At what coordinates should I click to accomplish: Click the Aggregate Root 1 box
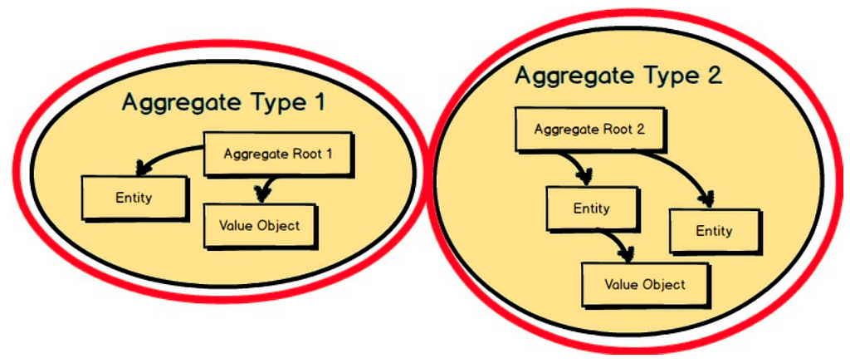coord(278,155)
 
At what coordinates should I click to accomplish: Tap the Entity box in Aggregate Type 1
coord(134,198)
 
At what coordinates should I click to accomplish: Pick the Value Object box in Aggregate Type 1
coord(259,226)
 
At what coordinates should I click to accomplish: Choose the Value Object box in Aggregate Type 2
coord(645,285)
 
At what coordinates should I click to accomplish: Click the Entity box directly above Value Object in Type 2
coord(591,208)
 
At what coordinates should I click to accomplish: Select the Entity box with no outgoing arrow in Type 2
coord(715,231)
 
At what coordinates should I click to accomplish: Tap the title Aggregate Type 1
coord(223,102)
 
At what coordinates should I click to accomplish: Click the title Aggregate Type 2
coord(618,76)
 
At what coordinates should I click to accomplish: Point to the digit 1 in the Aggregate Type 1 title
coord(319,101)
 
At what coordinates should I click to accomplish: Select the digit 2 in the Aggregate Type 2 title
coord(715,75)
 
